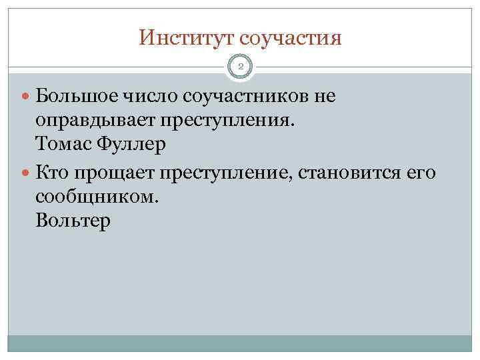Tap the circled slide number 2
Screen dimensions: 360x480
tap(240, 67)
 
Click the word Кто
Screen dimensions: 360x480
tap(53, 173)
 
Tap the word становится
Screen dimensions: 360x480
tap(352, 173)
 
